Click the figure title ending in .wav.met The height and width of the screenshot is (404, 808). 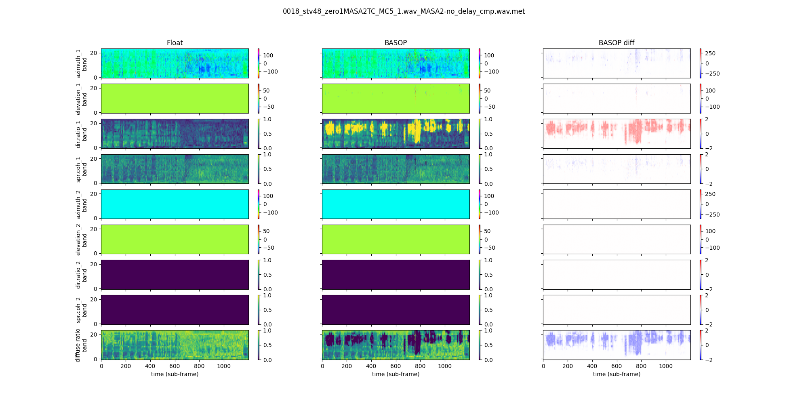pos(404,11)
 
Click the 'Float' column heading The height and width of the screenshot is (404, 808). pos(175,43)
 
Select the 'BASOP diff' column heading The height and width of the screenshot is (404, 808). pos(617,43)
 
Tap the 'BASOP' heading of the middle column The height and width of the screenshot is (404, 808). pos(396,43)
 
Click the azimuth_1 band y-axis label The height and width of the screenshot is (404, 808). pos(81,63)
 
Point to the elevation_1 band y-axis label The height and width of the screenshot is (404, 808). pos(81,99)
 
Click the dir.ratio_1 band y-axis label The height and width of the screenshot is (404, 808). pos(81,134)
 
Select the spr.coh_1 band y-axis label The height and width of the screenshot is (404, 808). pos(81,169)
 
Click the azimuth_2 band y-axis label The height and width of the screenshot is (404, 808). pos(81,204)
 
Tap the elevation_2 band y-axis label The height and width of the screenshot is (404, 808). pos(81,239)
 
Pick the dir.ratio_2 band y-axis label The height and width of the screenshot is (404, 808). pos(81,275)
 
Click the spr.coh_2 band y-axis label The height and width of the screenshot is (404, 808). pos(81,310)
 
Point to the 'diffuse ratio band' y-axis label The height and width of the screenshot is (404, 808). pos(81,345)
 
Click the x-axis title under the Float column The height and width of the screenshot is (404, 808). pos(175,374)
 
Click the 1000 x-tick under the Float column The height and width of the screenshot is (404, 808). pos(224,366)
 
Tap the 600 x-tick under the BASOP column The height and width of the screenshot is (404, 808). pos(396,366)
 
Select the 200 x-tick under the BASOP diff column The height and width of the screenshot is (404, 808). pos(568,366)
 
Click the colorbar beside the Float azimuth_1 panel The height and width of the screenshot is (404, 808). pos(259,63)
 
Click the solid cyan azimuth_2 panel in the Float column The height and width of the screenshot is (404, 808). pos(175,204)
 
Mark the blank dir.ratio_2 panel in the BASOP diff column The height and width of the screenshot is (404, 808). pos(617,275)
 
